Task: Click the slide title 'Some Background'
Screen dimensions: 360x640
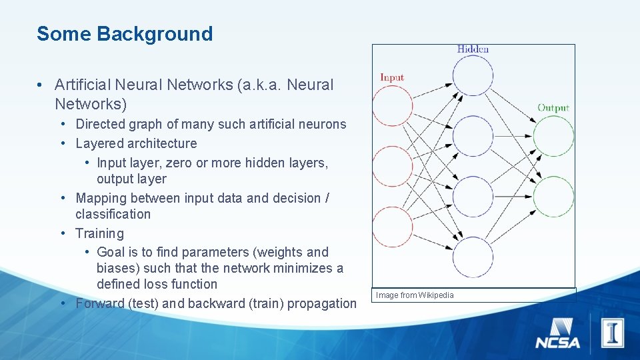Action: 125,34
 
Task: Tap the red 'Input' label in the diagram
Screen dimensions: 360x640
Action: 392,77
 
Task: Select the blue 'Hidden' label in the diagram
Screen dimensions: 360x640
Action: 473,49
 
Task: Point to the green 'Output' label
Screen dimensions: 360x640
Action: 553,107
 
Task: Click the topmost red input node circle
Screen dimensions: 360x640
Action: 392,105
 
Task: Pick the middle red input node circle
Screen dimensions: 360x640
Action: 392,166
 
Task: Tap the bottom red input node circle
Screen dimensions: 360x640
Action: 392,227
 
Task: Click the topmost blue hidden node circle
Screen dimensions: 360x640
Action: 473,75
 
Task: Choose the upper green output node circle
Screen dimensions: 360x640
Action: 553,136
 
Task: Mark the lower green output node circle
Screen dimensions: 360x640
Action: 553,197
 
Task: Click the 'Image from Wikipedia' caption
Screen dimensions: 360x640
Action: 415,295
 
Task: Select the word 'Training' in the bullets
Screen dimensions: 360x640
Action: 99,233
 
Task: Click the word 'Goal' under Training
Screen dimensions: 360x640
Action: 111,252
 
